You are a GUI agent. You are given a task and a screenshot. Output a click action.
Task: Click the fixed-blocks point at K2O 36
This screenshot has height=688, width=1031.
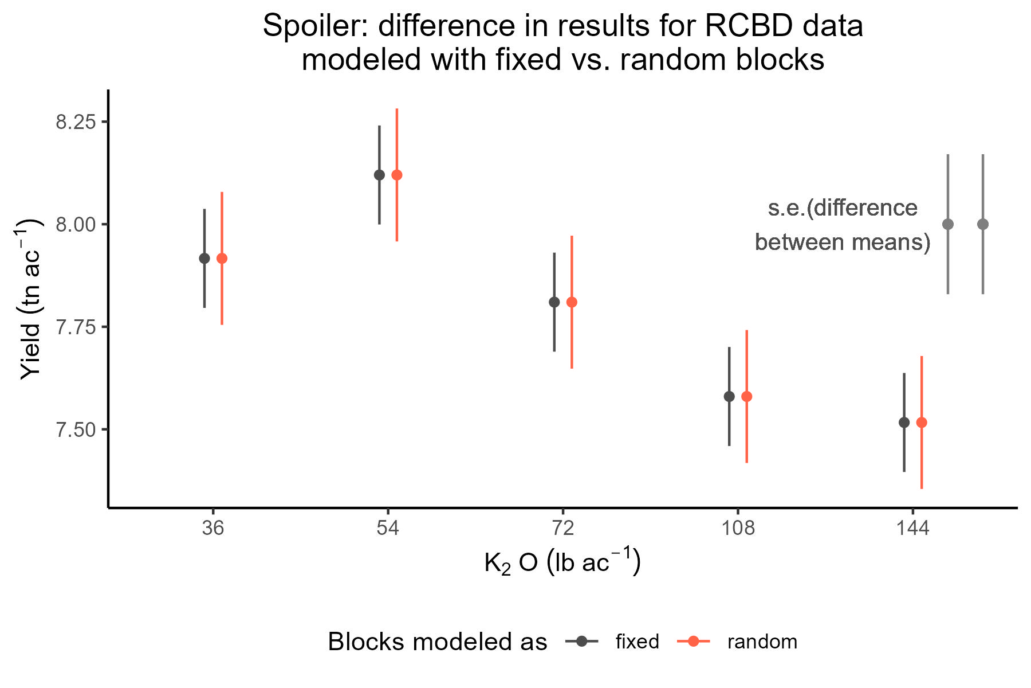pyautogui.click(x=204, y=259)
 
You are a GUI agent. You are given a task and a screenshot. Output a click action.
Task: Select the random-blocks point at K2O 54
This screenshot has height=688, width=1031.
pyautogui.click(x=396, y=175)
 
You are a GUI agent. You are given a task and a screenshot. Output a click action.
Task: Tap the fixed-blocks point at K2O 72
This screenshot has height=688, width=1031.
pyautogui.click(x=554, y=302)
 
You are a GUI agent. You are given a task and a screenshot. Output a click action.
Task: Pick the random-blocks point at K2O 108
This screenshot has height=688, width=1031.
pyautogui.click(x=746, y=396)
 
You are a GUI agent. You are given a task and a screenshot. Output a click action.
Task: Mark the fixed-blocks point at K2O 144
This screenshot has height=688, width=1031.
pyautogui.click(x=904, y=423)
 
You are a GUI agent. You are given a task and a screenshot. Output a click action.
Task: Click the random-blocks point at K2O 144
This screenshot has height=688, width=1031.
pyautogui.click(x=922, y=423)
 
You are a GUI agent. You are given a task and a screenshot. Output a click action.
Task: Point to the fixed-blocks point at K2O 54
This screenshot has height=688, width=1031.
pyautogui.click(x=379, y=175)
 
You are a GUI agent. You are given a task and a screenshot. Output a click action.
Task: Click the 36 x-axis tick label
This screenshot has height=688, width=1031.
pyautogui.click(x=213, y=528)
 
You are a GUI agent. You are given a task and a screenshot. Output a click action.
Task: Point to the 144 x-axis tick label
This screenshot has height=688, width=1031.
pyautogui.click(x=912, y=528)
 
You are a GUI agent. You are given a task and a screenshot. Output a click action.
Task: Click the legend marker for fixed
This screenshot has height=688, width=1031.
pyautogui.click(x=581, y=642)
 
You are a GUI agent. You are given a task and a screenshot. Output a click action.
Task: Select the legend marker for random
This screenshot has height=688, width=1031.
pyautogui.click(x=693, y=642)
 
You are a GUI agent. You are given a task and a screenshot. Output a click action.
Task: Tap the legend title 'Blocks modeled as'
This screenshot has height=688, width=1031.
pyautogui.click(x=438, y=642)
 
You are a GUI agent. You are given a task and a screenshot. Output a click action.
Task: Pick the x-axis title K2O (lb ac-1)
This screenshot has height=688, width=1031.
pyautogui.click(x=562, y=563)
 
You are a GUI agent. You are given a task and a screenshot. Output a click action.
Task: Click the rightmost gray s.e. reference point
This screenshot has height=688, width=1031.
pyautogui.click(x=983, y=224)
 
